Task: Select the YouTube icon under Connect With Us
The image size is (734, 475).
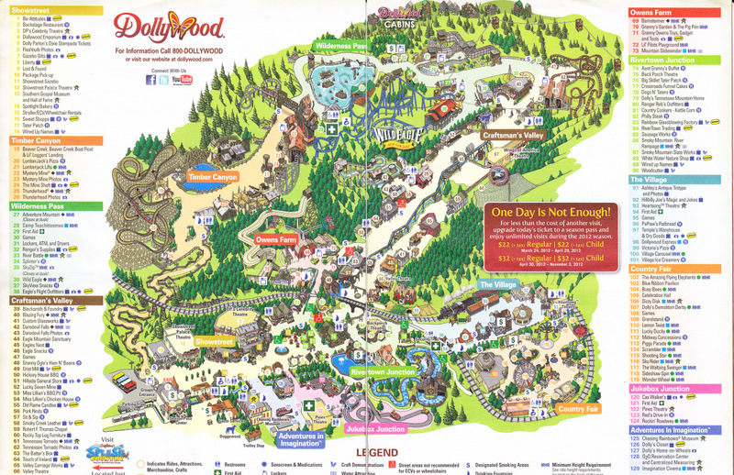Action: point(186,80)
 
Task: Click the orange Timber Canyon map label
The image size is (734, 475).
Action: point(212,176)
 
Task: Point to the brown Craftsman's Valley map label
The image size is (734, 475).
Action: point(513,136)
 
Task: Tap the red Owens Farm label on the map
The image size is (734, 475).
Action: point(275,239)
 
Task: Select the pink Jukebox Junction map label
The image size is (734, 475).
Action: point(374,428)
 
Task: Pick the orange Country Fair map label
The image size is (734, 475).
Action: point(577,408)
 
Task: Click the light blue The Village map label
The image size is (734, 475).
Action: point(497,285)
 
